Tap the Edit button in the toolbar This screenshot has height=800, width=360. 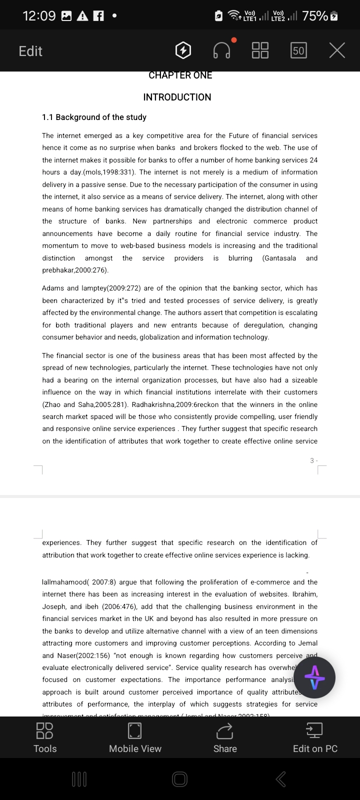30,51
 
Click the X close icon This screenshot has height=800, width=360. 337,50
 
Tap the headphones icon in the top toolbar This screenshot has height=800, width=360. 222,50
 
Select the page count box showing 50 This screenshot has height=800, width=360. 298,50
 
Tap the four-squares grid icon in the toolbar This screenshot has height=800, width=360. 260,50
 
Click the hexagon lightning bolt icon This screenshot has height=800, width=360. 183,50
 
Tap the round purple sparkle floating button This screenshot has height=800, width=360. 314,677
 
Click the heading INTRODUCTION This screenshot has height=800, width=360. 177,97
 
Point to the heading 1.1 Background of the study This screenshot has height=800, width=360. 94,117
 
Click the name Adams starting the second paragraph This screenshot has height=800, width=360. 53,288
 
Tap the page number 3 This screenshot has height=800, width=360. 312,460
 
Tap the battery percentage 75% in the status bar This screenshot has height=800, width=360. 315,16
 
